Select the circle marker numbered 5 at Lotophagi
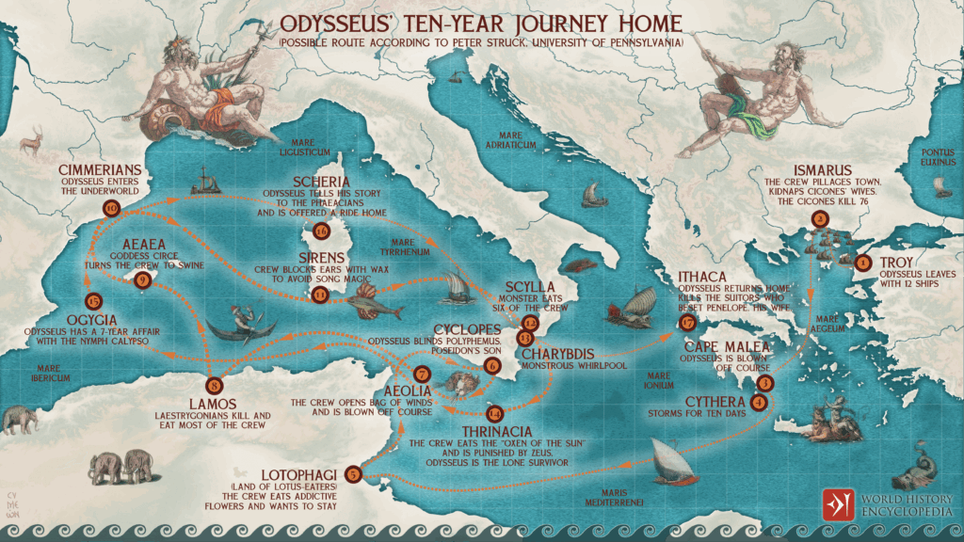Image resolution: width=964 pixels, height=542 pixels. (353, 473)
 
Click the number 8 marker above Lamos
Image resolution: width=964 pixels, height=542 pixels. (216, 384)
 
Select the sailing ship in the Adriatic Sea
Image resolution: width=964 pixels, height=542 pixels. (591, 196)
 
